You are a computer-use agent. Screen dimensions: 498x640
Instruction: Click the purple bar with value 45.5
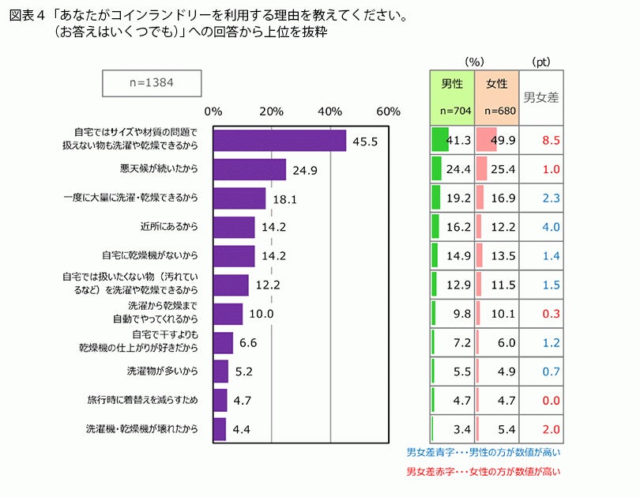click(280, 140)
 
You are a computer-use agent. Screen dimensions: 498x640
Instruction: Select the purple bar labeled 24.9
click(250, 169)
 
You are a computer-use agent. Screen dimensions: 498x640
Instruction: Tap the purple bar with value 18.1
click(239, 198)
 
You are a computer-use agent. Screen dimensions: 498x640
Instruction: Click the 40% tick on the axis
click(330, 111)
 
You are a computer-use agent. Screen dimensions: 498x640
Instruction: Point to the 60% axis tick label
click(389, 111)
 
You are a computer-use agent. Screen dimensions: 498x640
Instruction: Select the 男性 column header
click(452, 83)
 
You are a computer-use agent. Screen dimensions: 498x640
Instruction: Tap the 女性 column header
click(497, 83)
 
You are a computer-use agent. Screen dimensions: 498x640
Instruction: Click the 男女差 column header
click(542, 98)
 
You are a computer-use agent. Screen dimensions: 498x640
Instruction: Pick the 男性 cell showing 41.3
click(452, 140)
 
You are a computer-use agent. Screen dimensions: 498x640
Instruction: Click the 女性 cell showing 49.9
click(497, 140)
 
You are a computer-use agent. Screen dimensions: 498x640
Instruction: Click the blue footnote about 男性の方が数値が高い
click(484, 453)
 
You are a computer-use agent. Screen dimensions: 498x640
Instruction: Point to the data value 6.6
click(248, 343)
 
